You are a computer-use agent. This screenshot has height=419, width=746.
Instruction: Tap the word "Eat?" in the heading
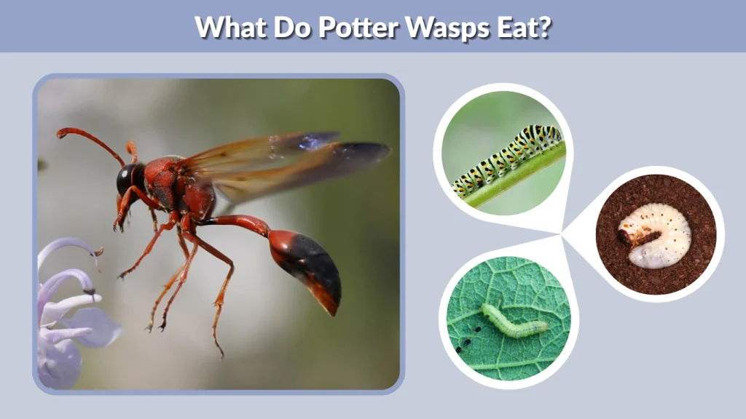tap(525, 27)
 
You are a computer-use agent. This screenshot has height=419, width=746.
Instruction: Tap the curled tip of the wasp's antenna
tap(61, 133)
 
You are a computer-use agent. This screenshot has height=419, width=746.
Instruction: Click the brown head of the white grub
tap(627, 234)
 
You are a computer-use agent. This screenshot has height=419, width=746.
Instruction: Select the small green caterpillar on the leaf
tap(513, 323)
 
